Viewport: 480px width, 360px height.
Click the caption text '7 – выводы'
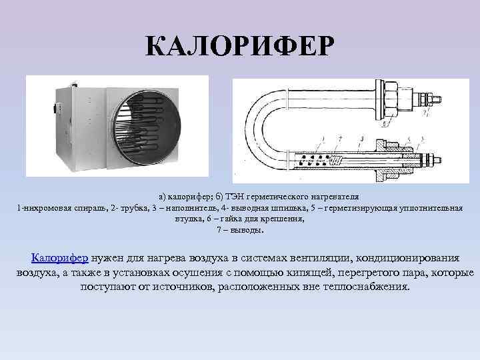(240, 230)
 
